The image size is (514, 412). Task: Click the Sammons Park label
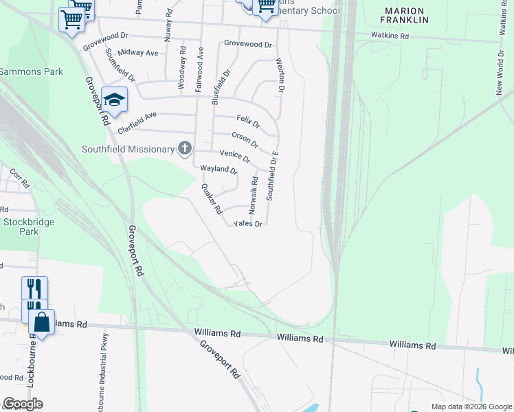(x=32, y=71)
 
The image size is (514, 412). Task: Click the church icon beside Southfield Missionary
(x=184, y=148)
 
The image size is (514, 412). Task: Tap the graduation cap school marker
(x=115, y=100)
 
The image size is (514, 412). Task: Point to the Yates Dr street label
(x=248, y=224)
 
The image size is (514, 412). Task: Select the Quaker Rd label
(x=211, y=198)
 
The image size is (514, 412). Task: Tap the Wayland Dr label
(x=218, y=169)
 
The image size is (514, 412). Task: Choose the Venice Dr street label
(x=234, y=155)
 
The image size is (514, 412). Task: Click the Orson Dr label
(x=245, y=139)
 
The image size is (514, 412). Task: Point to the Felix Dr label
(x=248, y=121)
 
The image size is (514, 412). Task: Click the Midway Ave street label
(x=137, y=53)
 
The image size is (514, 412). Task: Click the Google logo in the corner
(x=23, y=404)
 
